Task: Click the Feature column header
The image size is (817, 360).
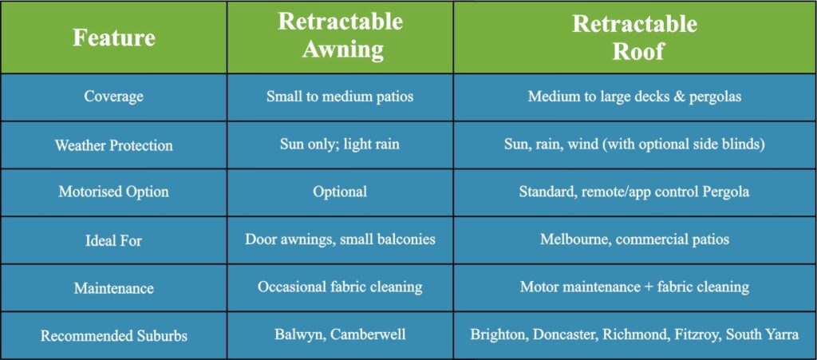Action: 113,38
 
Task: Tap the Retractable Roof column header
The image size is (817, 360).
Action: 634,37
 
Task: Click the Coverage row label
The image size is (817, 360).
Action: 113,97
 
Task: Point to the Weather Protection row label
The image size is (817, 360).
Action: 113,145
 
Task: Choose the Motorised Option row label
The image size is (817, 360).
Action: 113,192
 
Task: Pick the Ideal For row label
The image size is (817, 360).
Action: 113,239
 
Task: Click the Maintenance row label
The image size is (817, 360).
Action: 113,287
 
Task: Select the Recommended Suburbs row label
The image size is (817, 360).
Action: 113,334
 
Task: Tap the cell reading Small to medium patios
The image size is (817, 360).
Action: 340,97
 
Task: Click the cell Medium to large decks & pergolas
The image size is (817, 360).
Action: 634,97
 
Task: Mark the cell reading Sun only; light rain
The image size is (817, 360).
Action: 340,144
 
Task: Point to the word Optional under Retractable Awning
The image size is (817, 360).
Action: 340,192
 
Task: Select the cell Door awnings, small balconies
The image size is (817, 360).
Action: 340,239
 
